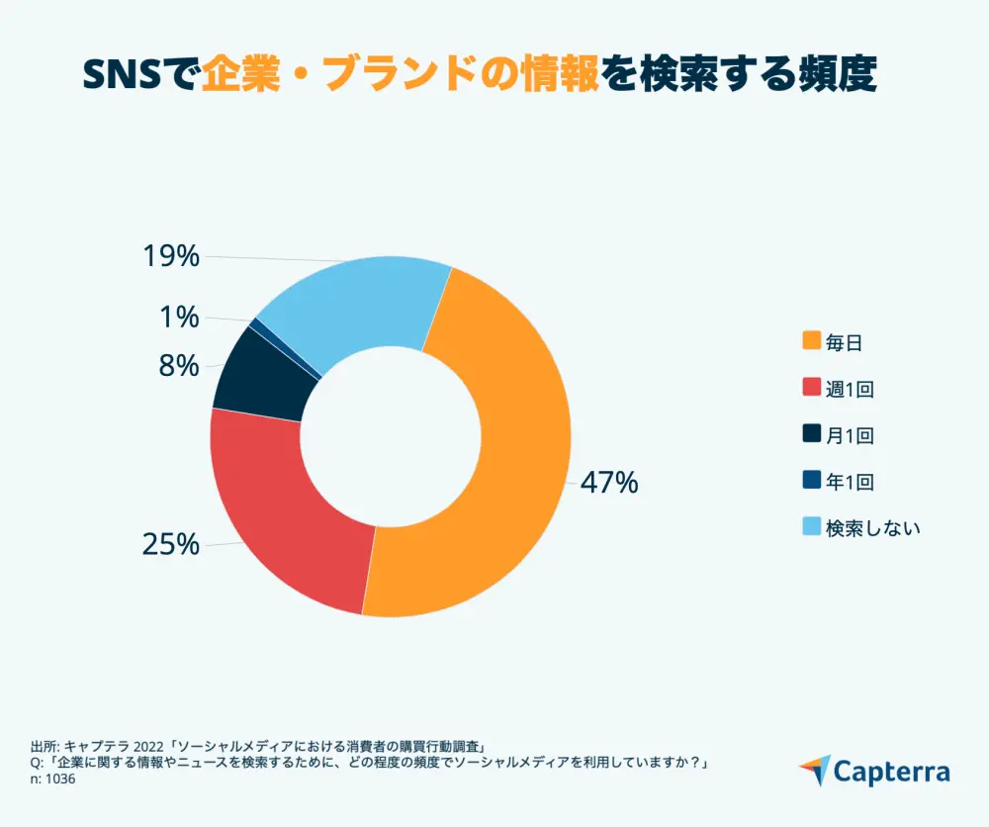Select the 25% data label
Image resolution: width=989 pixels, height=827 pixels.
coord(170,545)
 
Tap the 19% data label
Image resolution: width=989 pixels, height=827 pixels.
coord(170,257)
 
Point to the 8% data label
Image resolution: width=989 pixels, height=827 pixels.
coord(178,366)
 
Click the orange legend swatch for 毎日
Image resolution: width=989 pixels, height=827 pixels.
coord(811,341)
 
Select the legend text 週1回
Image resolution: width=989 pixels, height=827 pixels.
coord(850,389)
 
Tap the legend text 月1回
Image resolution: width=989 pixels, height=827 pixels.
coord(850,435)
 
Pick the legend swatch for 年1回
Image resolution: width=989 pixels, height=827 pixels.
coord(811,482)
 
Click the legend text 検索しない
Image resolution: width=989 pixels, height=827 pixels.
coord(873,527)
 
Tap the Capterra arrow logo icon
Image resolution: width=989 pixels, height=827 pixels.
coord(814,770)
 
